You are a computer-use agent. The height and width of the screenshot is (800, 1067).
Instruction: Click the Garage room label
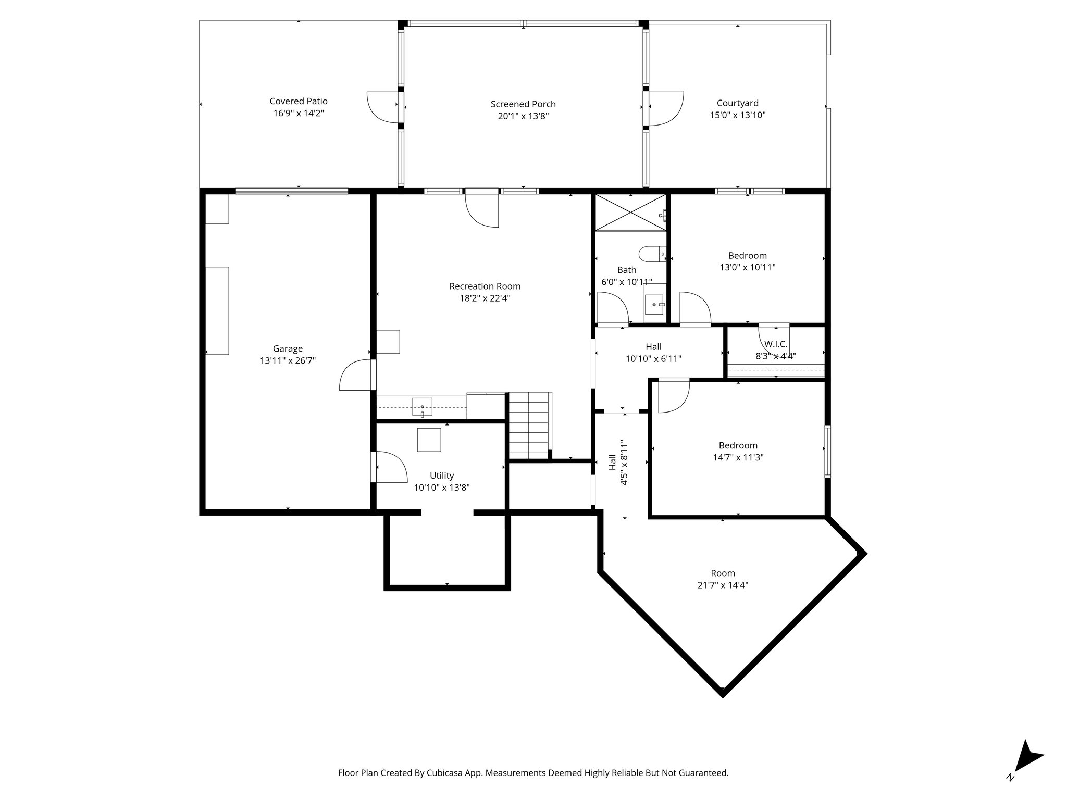click(288, 348)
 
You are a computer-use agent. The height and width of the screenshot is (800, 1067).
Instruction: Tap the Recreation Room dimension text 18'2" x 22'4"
click(485, 298)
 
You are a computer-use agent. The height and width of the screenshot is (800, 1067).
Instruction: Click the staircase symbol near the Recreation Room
click(529, 425)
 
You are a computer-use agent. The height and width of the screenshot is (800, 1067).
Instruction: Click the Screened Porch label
click(523, 104)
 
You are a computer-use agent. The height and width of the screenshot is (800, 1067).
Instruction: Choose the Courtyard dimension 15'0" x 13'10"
click(737, 115)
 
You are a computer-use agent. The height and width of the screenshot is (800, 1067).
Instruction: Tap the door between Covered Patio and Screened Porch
click(386, 107)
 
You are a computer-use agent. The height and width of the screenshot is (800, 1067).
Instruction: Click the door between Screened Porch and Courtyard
click(665, 108)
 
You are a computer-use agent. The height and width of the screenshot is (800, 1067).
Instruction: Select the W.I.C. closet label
click(776, 344)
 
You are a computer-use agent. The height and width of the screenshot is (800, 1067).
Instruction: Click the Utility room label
click(442, 475)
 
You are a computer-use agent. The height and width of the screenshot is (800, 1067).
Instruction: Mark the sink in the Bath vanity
click(654, 304)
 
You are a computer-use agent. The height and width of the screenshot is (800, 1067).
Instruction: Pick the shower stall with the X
click(631, 212)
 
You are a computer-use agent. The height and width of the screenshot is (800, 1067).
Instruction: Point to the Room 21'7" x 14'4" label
click(723, 579)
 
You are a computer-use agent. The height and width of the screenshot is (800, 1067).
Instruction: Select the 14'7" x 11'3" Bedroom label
click(738, 451)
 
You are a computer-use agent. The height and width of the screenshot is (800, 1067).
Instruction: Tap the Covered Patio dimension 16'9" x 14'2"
click(299, 113)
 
